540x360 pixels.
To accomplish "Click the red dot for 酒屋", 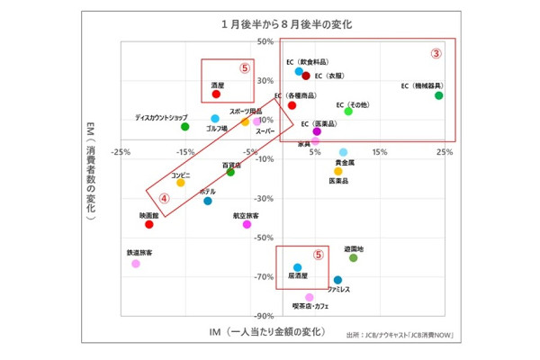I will click(216, 94).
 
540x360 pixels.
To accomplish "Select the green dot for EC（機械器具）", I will click(439, 95).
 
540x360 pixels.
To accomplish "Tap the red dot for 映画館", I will click(149, 225).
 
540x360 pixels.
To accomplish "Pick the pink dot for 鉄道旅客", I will click(136, 264).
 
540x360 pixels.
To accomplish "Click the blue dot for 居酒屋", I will click(298, 267).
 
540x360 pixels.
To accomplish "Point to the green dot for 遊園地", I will click(354, 258).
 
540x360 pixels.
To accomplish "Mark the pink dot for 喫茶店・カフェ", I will click(310, 297).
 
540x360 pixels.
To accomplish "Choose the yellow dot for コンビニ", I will click(181, 183).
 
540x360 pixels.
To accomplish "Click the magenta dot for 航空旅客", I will click(247, 225).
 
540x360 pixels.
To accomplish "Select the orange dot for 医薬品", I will click(338, 171).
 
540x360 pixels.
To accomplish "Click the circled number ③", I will click(436, 53).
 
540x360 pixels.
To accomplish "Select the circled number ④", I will click(164, 198).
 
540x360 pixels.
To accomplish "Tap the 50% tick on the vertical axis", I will click(266, 41).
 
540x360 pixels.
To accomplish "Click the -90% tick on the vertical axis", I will click(265, 316).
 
